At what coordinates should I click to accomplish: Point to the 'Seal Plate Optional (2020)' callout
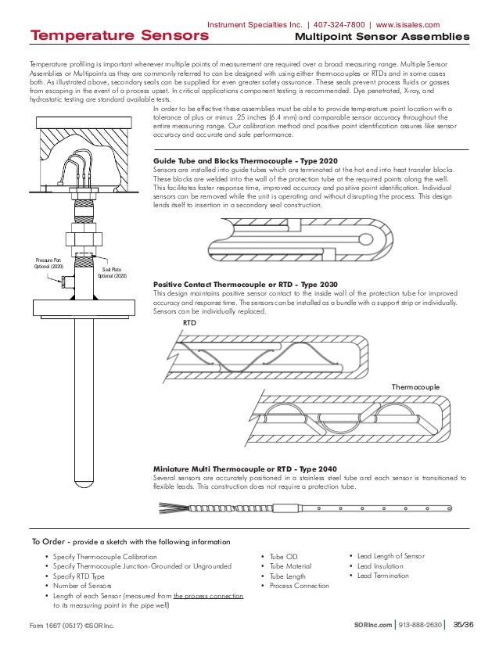(x=111, y=272)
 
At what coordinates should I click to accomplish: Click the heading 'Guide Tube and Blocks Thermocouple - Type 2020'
(x=246, y=160)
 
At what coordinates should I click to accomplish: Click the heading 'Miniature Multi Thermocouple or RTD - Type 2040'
(x=249, y=468)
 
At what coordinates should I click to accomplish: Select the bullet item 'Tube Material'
(x=290, y=565)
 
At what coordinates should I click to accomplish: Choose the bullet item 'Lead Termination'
(x=382, y=576)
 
